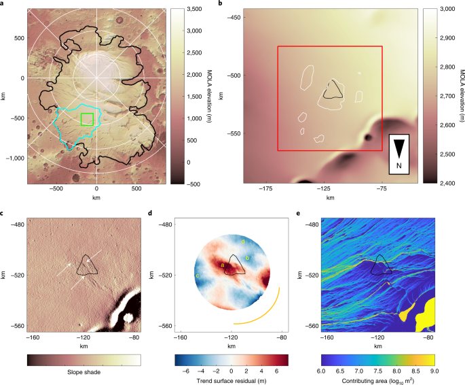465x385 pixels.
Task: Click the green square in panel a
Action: click(87, 119)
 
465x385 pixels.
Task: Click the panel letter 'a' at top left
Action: click(5, 4)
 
